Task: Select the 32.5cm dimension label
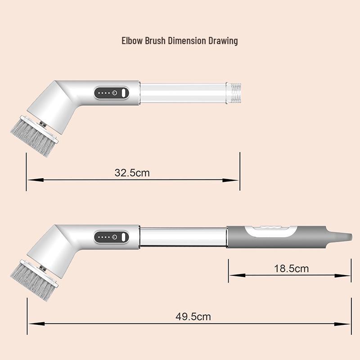(132, 173)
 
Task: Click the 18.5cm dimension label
(291, 268)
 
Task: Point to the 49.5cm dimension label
(193, 317)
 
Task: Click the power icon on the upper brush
(115, 93)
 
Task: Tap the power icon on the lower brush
(115, 237)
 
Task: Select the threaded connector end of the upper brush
(234, 93)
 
